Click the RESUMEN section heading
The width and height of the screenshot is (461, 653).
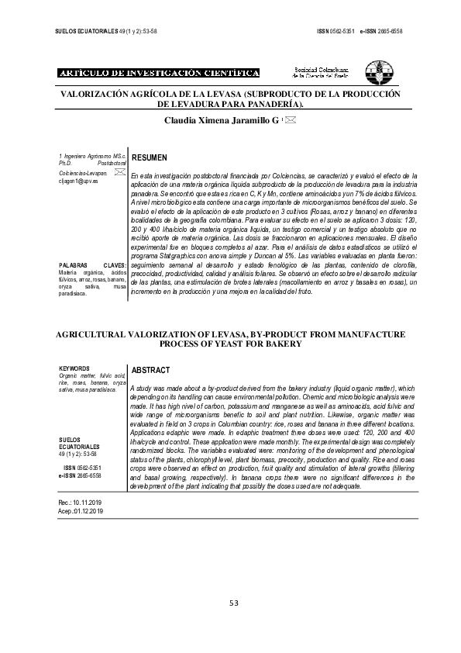click(x=150, y=157)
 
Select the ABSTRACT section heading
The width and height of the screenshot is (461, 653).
click(x=152, y=371)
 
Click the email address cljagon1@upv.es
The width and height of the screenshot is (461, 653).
click(x=79, y=179)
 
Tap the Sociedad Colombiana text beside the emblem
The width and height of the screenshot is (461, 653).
click(x=318, y=69)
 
